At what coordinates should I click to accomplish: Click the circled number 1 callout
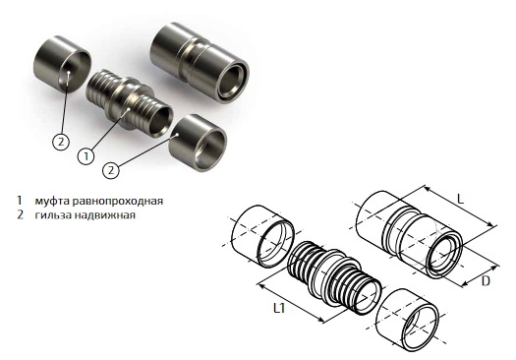(86, 155)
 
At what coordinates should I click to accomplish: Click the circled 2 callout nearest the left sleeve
(61, 142)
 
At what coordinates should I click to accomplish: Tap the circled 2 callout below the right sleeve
(111, 170)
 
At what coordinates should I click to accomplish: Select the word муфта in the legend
(52, 201)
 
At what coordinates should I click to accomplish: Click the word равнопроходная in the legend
(118, 201)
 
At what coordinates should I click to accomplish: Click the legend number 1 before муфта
(20, 201)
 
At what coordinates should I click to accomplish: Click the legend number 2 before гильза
(20, 214)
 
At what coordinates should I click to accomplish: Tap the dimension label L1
(279, 308)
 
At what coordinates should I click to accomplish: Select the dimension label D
(486, 281)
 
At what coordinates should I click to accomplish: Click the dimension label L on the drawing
(460, 200)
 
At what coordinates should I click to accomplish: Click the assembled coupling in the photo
(200, 63)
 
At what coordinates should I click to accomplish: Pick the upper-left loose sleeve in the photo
(62, 64)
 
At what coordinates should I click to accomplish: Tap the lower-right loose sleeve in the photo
(198, 143)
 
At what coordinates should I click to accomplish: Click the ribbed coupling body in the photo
(130, 102)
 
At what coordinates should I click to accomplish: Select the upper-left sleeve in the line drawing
(262, 236)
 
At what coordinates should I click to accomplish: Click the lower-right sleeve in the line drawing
(408, 320)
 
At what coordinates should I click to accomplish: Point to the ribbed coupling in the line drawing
(334, 278)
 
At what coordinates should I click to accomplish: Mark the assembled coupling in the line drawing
(410, 234)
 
